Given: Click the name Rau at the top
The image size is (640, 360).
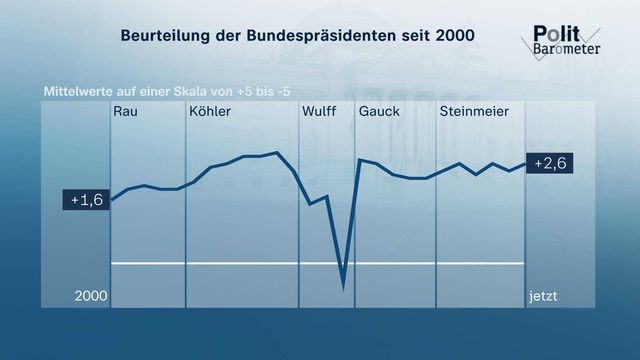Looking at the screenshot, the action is [x=125, y=111].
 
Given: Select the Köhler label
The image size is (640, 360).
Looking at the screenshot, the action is [x=210, y=111].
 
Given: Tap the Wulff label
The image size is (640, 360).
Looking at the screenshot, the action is [x=319, y=111].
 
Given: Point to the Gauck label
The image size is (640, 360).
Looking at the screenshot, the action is [x=379, y=111].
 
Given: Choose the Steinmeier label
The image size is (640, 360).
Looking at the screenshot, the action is [x=474, y=111].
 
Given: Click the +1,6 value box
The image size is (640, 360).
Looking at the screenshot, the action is [x=86, y=200].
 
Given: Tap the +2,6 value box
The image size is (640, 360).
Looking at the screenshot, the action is [x=549, y=163].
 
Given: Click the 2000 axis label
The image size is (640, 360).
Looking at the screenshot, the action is [x=91, y=296].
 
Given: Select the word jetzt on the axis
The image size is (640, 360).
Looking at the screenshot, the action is [x=543, y=296].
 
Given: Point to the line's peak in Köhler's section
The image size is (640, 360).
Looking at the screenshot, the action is [x=277, y=153].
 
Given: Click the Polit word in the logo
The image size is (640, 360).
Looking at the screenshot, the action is [x=556, y=33].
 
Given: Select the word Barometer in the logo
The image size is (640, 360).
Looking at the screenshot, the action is [x=567, y=49].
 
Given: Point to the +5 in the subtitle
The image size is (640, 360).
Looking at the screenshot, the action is [x=245, y=91].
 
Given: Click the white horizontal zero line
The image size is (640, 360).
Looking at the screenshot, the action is [x=318, y=264].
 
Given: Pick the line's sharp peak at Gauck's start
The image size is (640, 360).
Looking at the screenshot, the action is [x=360, y=160].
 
